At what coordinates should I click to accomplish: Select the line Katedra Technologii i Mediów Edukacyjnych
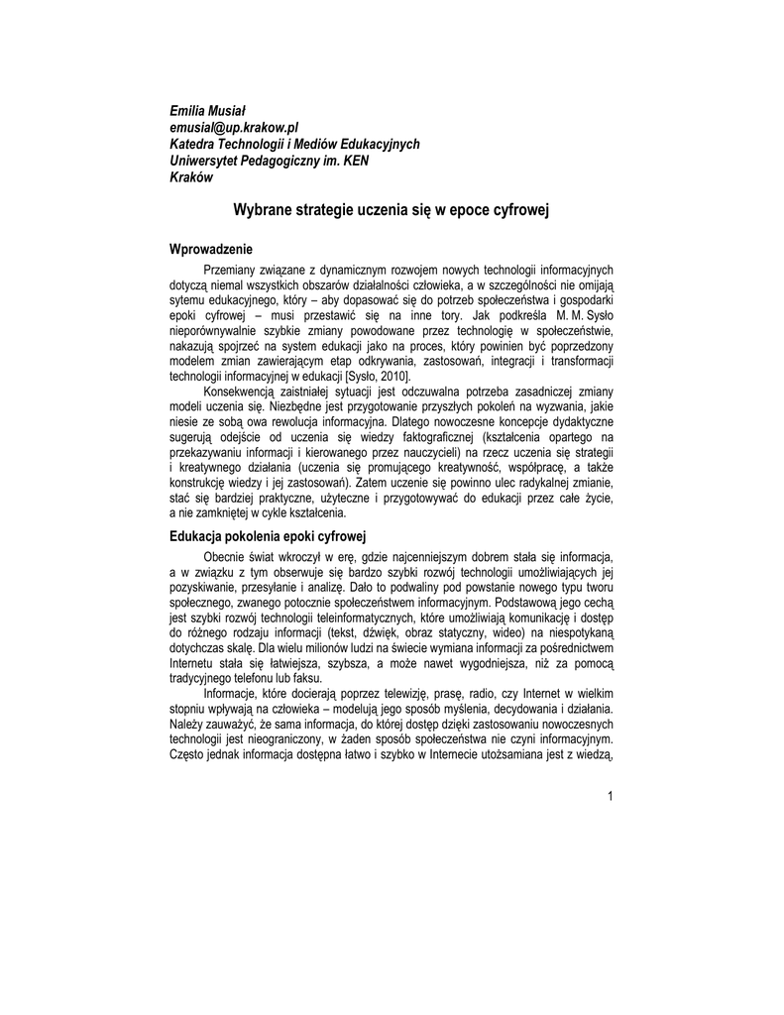pyautogui.click(x=294, y=144)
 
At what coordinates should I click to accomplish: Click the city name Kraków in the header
pyautogui.click(x=192, y=177)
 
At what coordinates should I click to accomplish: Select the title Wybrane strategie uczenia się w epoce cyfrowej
pyautogui.click(x=391, y=210)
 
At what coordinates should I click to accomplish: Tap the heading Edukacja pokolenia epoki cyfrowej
pyautogui.click(x=269, y=535)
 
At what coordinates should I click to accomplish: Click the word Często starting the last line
pyautogui.click(x=189, y=755)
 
